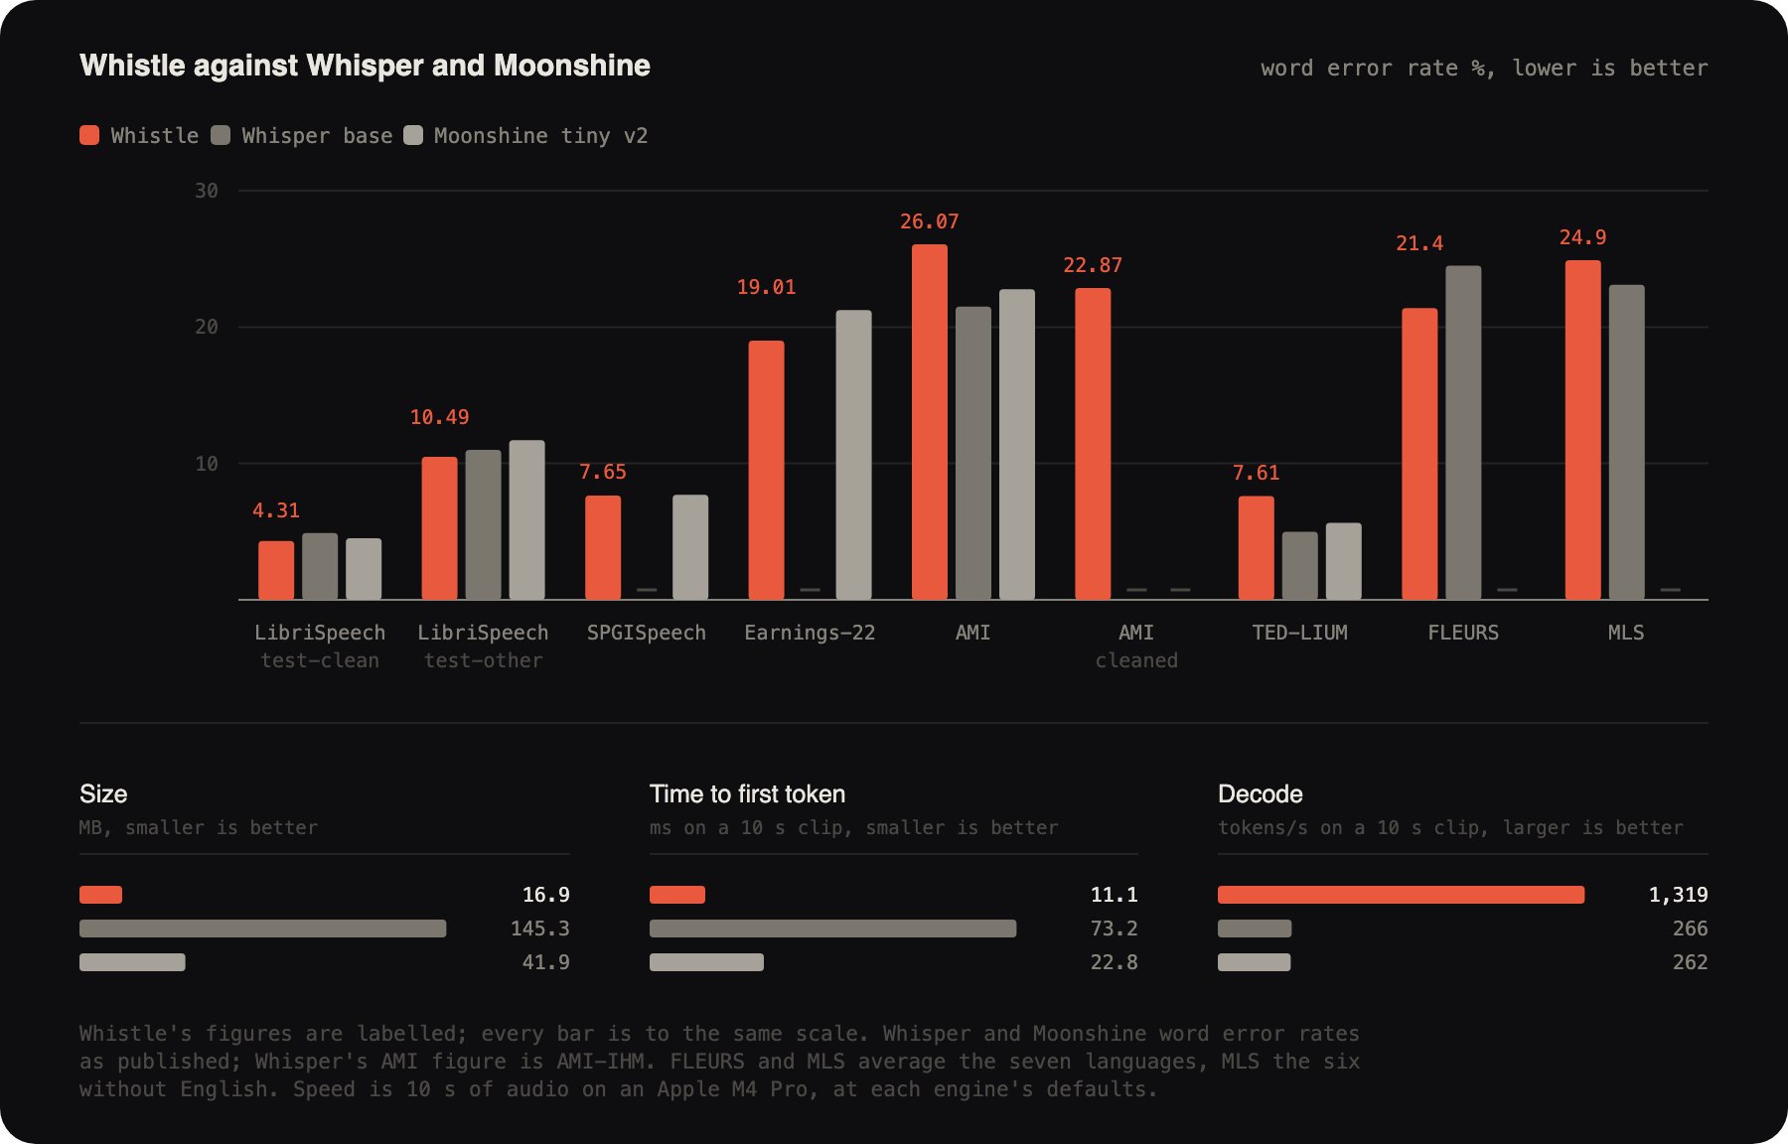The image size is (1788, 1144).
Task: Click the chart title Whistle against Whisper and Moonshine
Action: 365,66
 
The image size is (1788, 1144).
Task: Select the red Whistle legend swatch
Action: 89,135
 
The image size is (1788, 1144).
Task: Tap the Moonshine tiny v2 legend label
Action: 540,136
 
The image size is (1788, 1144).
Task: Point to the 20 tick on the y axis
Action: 207,327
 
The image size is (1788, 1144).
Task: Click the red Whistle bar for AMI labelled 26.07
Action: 930,422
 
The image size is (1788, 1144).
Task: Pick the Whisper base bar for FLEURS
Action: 1463,433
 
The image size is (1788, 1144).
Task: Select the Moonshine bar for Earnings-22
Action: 853,455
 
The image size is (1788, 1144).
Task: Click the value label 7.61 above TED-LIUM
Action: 1256,473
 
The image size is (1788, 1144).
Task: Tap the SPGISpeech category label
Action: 647,633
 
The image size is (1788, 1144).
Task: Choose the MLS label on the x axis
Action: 1626,633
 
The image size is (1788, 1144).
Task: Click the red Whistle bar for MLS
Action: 1583,430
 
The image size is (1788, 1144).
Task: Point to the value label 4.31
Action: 275,510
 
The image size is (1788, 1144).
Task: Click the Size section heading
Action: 103,793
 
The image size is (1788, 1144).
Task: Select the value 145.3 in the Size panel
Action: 540,929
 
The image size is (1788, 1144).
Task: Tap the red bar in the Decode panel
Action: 1401,895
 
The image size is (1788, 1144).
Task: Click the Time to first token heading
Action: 747,793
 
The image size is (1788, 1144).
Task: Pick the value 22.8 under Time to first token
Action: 1115,962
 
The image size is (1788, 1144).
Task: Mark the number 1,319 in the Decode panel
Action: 1679,895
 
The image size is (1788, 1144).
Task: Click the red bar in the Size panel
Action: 100,895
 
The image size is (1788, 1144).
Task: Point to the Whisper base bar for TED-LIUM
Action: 1300,566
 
